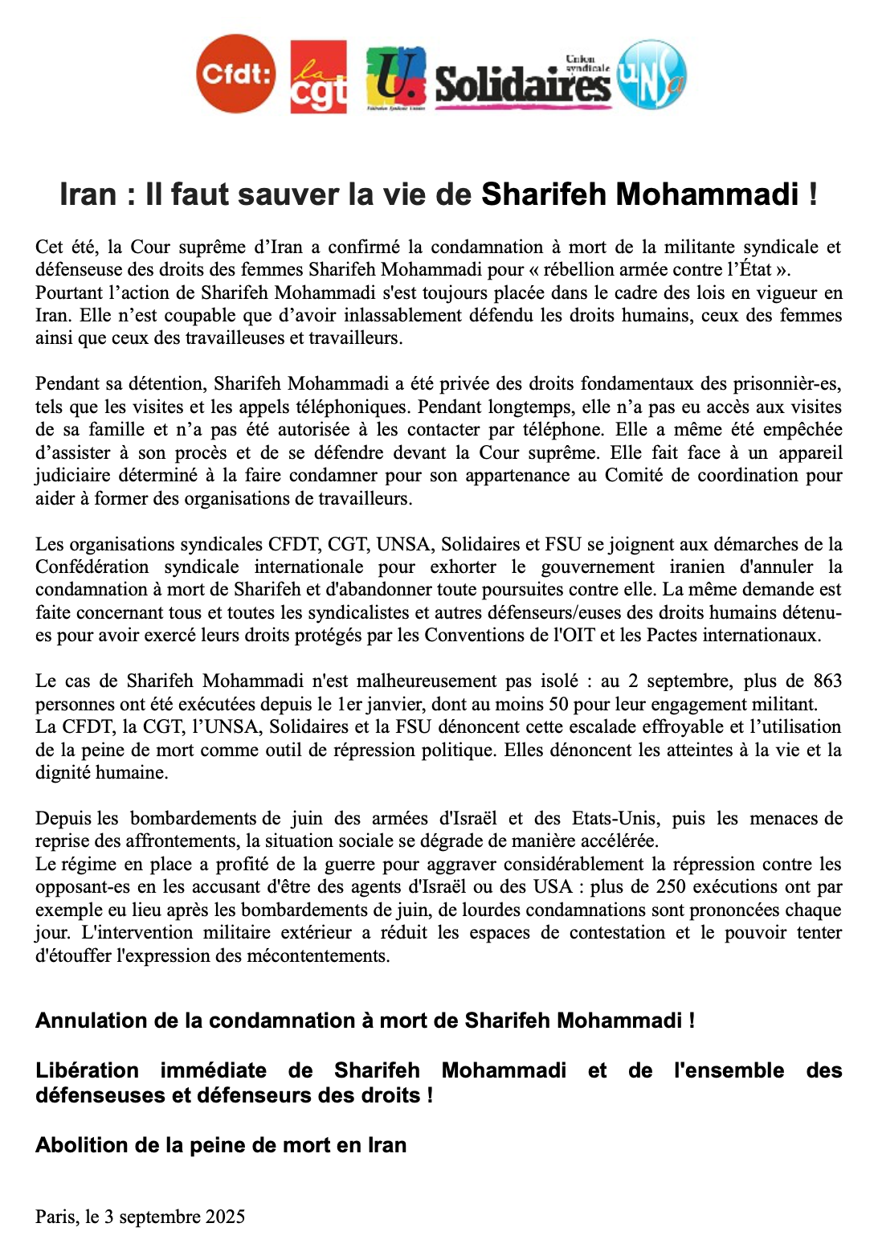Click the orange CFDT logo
(x=235, y=74)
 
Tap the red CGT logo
(x=319, y=76)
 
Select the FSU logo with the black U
(x=395, y=76)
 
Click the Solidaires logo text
(x=522, y=82)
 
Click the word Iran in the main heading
(x=88, y=194)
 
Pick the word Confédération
(x=92, y=567)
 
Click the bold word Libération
(x=87, y=1070)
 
